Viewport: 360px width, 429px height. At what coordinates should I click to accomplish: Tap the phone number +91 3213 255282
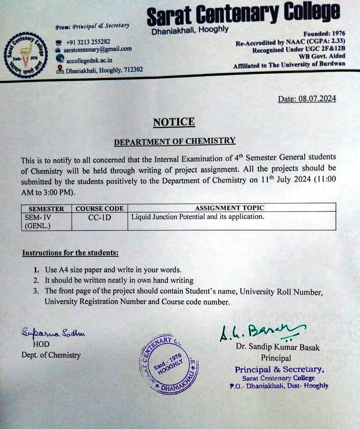click(x=88, y=42)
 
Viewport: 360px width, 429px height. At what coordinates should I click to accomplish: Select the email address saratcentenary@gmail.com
click(x=98, y=49)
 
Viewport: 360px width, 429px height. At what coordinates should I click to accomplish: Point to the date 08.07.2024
click(x=307, y=99)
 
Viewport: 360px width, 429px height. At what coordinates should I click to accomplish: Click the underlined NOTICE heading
click(x=174, y=122)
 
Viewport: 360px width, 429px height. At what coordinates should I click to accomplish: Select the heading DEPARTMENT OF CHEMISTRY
click(x=175, y=141)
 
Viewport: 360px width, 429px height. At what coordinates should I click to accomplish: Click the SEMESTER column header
click(x=46, y=208)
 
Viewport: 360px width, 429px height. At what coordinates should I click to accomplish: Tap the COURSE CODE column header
click(x=99, y=208)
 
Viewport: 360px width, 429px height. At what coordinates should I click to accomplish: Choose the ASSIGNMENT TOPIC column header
click(x=229, y=208)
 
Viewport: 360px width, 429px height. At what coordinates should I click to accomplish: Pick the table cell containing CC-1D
click(x=99, y=218)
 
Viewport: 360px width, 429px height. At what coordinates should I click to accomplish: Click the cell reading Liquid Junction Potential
click(x=197, y=217)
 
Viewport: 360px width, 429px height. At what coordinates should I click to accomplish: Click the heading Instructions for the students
click(x=70, y=253)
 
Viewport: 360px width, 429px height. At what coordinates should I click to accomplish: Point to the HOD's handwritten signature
click(x=53, y=332)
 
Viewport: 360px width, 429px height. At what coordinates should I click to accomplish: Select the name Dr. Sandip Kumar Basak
click(x=278, y=347)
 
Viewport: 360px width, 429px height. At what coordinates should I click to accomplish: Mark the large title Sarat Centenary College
click(x=243, y=15)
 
